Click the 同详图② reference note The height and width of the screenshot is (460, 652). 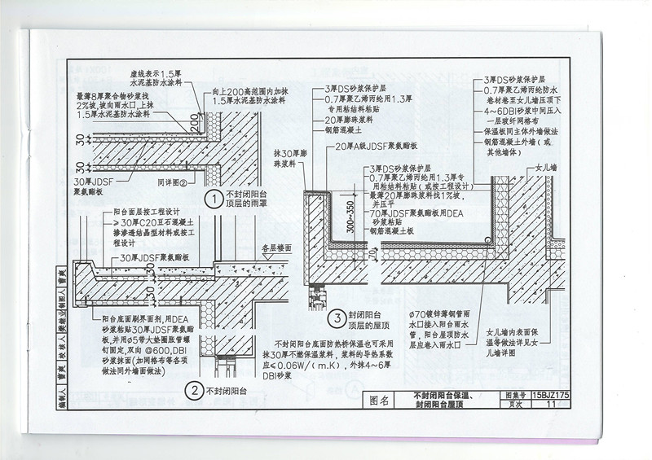point(174,184)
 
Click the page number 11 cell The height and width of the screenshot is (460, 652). point(552,404)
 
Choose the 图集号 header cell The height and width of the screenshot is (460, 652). point(512,394)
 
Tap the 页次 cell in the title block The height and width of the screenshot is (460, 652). point(512,404)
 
